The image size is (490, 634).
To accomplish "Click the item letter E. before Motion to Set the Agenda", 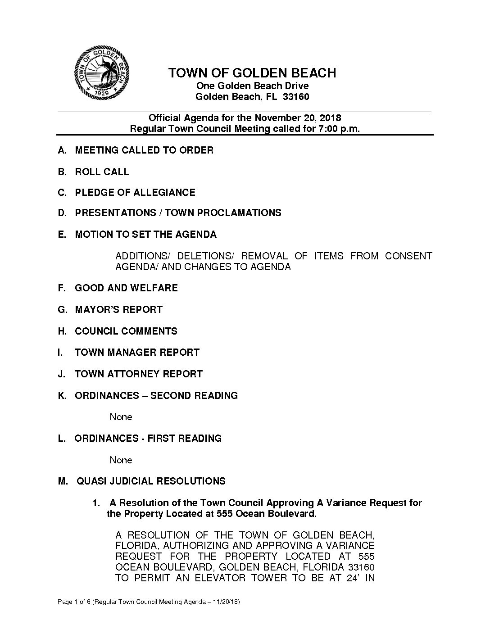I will click(x=62, y=235).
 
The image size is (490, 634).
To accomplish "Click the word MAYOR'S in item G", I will click(x=96, y=310).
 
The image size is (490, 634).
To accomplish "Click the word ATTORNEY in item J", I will click(x=133, y=374).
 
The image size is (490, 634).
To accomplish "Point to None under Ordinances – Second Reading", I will click(x=121, y=417).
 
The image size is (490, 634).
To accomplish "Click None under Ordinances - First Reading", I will click(x=121, y=460).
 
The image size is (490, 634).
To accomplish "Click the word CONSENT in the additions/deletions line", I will click(x=408, y=256).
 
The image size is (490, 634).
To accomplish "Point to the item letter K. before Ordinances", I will click(x=62, y=396).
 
